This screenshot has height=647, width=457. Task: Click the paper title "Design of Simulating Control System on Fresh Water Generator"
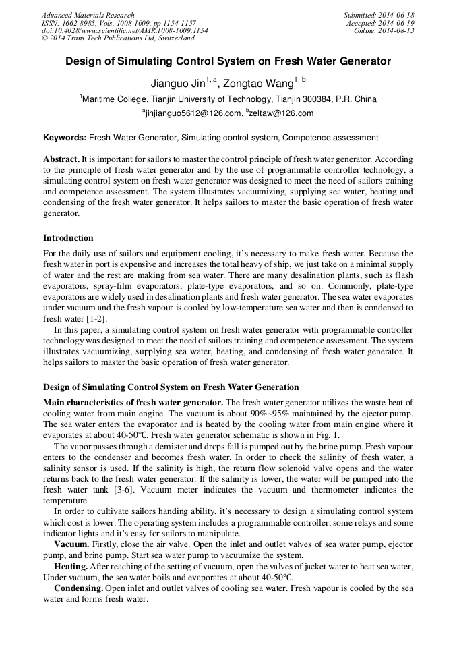click(x=228, y=61)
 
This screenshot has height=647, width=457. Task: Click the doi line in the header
click(x=125, y=31)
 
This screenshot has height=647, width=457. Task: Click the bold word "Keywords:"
click(x=65, y=138)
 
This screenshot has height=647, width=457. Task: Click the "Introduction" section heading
click(x=68, y=238)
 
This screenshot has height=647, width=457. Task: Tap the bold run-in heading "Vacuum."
click(x=71, y=544)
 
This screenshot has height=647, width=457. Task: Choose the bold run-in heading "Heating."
click(x=72, y=566)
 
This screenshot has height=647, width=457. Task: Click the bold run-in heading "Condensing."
click(x=78, y=588)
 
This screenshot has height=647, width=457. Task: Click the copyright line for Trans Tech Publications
click(x=118, y=38)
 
